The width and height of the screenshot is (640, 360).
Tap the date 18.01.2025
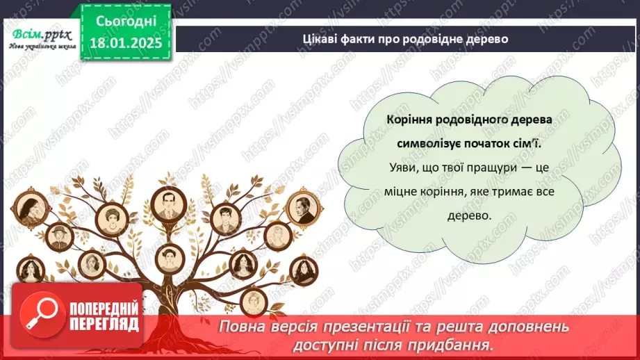tap(125, 42)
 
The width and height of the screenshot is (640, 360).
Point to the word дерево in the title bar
tap(485, 39)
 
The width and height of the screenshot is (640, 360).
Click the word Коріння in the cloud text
tap(409, 119)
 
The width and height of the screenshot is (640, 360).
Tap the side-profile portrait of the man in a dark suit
tap(303, 208)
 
